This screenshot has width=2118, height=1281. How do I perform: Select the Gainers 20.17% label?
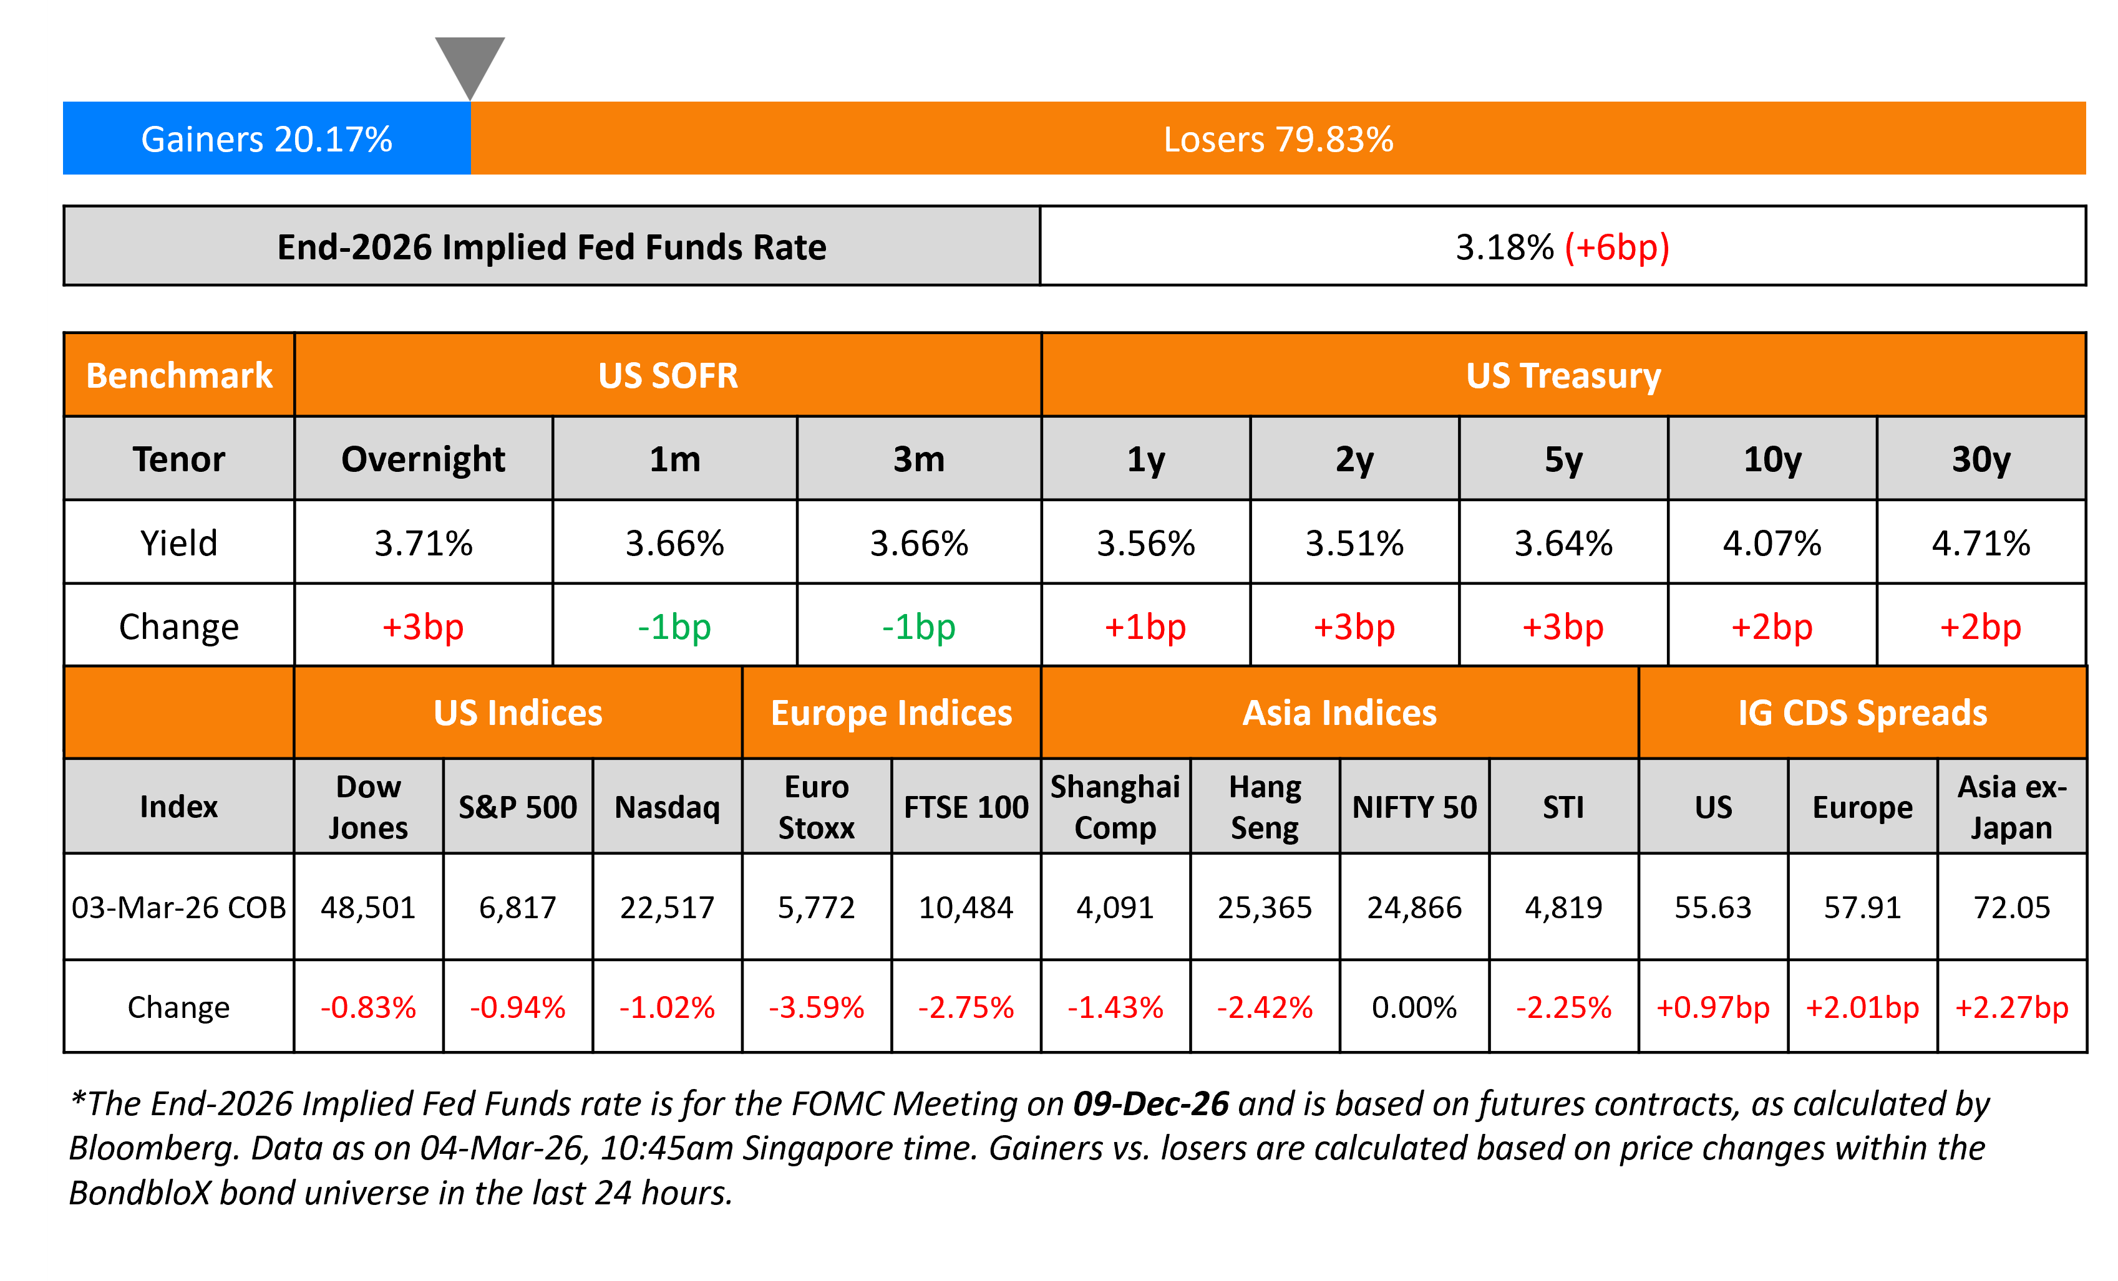266,139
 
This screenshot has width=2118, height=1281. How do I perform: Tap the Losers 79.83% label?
1278,139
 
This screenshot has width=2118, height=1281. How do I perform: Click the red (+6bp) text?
1616,247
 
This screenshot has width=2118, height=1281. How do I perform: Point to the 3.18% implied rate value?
1504,247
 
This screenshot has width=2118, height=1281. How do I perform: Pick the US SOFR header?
668,375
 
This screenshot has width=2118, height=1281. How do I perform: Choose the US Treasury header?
1563,375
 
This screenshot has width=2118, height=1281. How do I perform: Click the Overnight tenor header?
423,459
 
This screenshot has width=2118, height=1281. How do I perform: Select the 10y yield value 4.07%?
1772,543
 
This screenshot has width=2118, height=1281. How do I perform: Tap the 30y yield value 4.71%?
1981,543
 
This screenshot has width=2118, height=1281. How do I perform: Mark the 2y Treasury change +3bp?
1354,626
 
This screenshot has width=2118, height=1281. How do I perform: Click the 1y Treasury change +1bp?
1145,626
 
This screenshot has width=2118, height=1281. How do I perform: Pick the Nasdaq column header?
667,807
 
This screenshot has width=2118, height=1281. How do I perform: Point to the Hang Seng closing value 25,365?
1265,907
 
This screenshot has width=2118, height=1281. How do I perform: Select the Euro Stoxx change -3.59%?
816,1007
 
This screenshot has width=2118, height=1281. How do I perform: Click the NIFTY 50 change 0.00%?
1414,1007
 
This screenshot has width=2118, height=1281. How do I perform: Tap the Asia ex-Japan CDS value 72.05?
2011,907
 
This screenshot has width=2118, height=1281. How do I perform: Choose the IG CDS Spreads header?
1862,713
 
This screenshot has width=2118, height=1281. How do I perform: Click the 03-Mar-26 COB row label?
179,907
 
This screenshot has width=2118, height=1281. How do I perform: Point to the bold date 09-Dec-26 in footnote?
1151,1104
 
